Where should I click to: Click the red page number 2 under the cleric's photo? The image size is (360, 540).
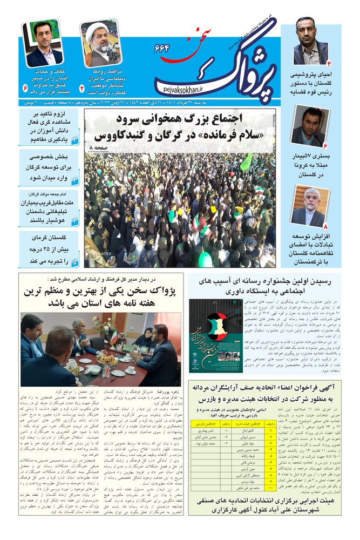click(x=82, y=86)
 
